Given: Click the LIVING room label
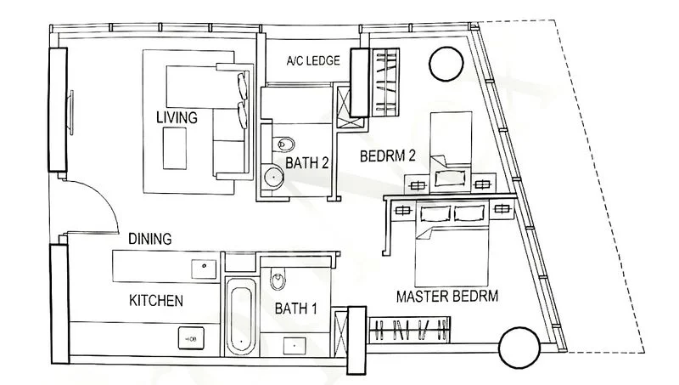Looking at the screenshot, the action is pos(177,117).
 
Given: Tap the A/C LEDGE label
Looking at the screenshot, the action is pos(313,60).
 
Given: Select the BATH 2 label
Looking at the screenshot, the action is pos(307,163).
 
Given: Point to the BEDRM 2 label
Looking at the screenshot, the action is pos(388,156).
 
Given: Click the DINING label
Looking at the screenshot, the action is pos(150,239).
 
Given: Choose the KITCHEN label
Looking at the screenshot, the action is pos(156,301).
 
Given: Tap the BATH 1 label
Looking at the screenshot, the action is pos(295,309).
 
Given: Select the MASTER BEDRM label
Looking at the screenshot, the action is pos(447,297).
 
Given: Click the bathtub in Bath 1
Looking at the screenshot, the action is pos(241,317).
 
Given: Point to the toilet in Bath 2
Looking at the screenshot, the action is pos(283,144).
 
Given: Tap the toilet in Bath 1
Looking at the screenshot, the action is pos(278,279).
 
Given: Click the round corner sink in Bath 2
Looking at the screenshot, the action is pos(273,177).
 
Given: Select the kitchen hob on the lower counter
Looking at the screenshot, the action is pos(191,338).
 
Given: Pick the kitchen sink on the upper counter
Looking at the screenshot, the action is pos(204,269).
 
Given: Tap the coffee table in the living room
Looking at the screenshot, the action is pos(175,148).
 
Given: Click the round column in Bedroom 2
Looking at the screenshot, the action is pos(446,64).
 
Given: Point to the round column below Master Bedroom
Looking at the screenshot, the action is pos(519,348).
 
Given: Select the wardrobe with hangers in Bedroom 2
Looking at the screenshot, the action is pos(386,82).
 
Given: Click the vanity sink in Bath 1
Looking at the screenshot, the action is pos(295,347).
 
